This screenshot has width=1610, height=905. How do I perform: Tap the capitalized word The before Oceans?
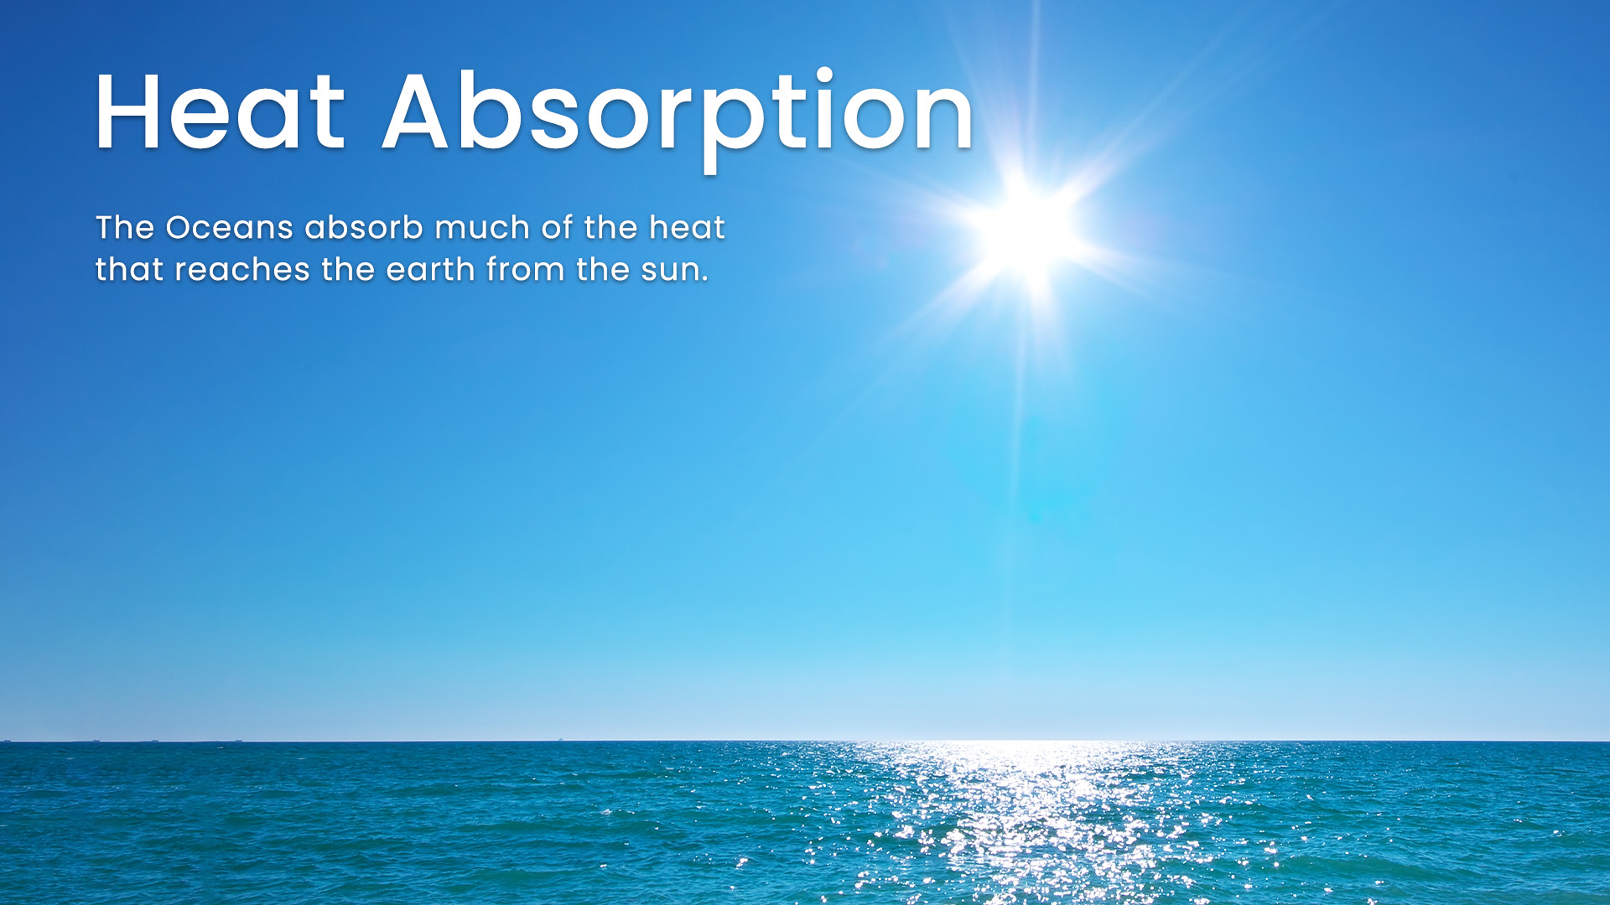point(125,227)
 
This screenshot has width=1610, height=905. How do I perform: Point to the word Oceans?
point(230,227)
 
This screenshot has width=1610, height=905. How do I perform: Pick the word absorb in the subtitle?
point(364,227)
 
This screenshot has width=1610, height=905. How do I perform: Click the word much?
point(482,227)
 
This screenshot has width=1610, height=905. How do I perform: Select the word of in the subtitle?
point(558,227)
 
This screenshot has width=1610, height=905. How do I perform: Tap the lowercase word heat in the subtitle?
point(687,227)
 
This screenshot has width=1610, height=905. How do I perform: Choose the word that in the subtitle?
point(129,269)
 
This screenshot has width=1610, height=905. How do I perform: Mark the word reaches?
point(242,269)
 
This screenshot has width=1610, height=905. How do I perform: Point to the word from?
point(526,269)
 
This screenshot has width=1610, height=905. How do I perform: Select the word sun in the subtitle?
point(670,272)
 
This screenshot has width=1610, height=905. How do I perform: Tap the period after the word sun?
point(705,280)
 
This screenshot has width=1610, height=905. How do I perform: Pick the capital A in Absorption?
point(415,111)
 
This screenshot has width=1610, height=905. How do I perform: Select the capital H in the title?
point(127,111)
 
